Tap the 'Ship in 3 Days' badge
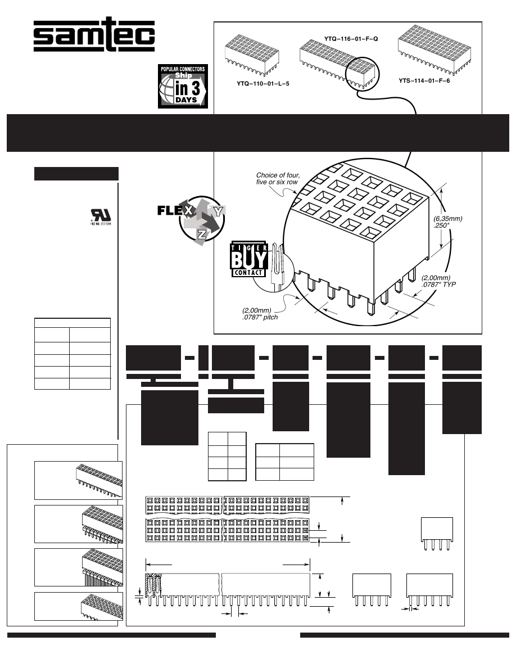pyautogui.click(x=183, y=86)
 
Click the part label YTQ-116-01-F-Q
pyautogui.click(x=351, y=39)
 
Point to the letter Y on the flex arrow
pyautogui.click(x=218, y=211)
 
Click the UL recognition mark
pyautogui.click(x=98, y=216)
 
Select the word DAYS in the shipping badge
pyautogui.click(x=185, y=100)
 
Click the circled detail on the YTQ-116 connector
pyautogui.click(x=363, y=71)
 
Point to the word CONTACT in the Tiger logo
pyautogui.click(x=247, y=273)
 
